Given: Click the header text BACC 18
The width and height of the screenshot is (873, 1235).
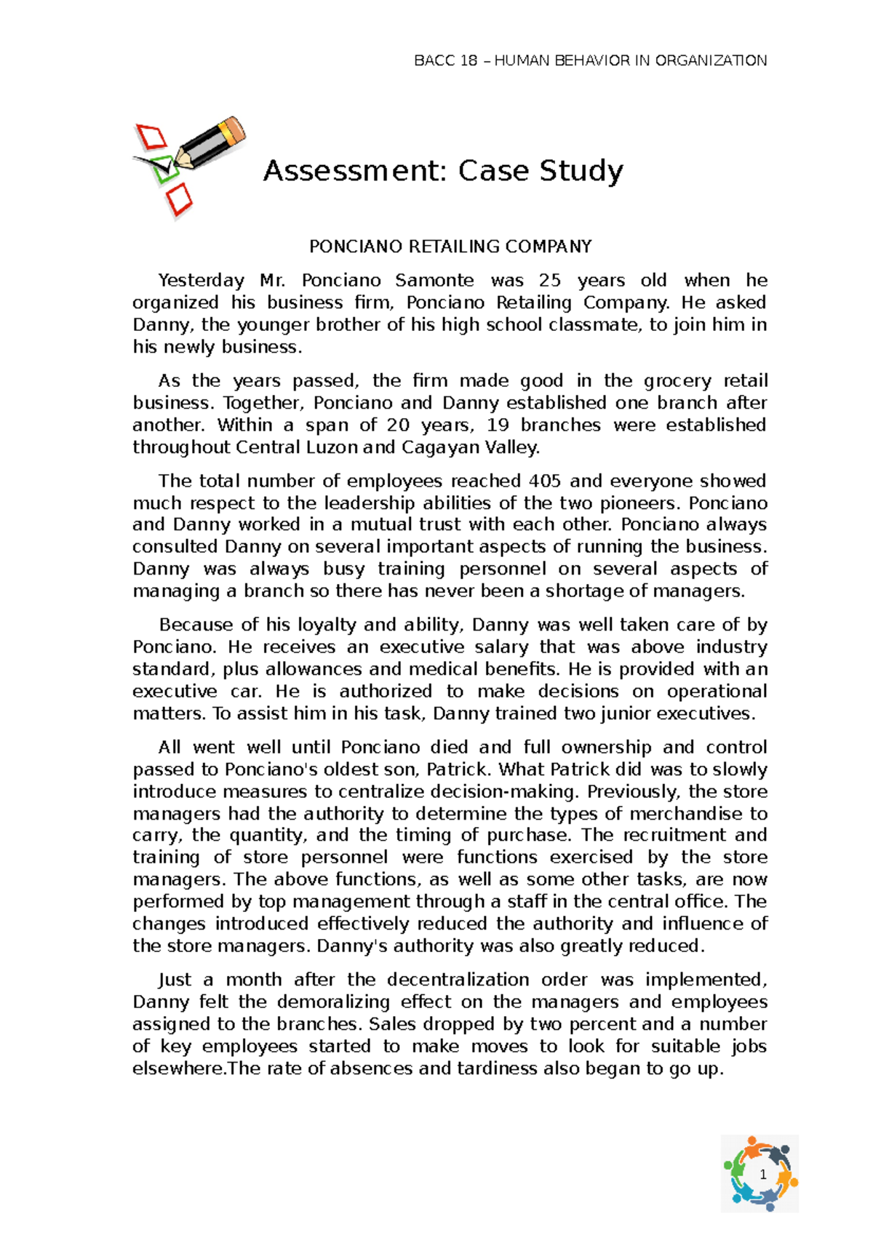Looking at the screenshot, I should [x=445, y=60].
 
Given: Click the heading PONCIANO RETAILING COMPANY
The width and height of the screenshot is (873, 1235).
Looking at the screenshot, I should [x=450, y=247].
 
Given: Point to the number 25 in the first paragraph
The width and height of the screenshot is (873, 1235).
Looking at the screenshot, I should [x=550, y=281].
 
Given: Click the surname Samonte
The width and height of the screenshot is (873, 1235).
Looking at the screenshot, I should [x=434, y=281].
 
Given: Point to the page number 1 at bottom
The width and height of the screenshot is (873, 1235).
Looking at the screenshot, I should [x=762, y=1174].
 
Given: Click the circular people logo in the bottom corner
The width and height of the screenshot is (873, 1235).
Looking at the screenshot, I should [x=760, y=1173].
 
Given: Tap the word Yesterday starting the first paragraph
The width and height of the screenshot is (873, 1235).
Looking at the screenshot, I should [x=202, y=281].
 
